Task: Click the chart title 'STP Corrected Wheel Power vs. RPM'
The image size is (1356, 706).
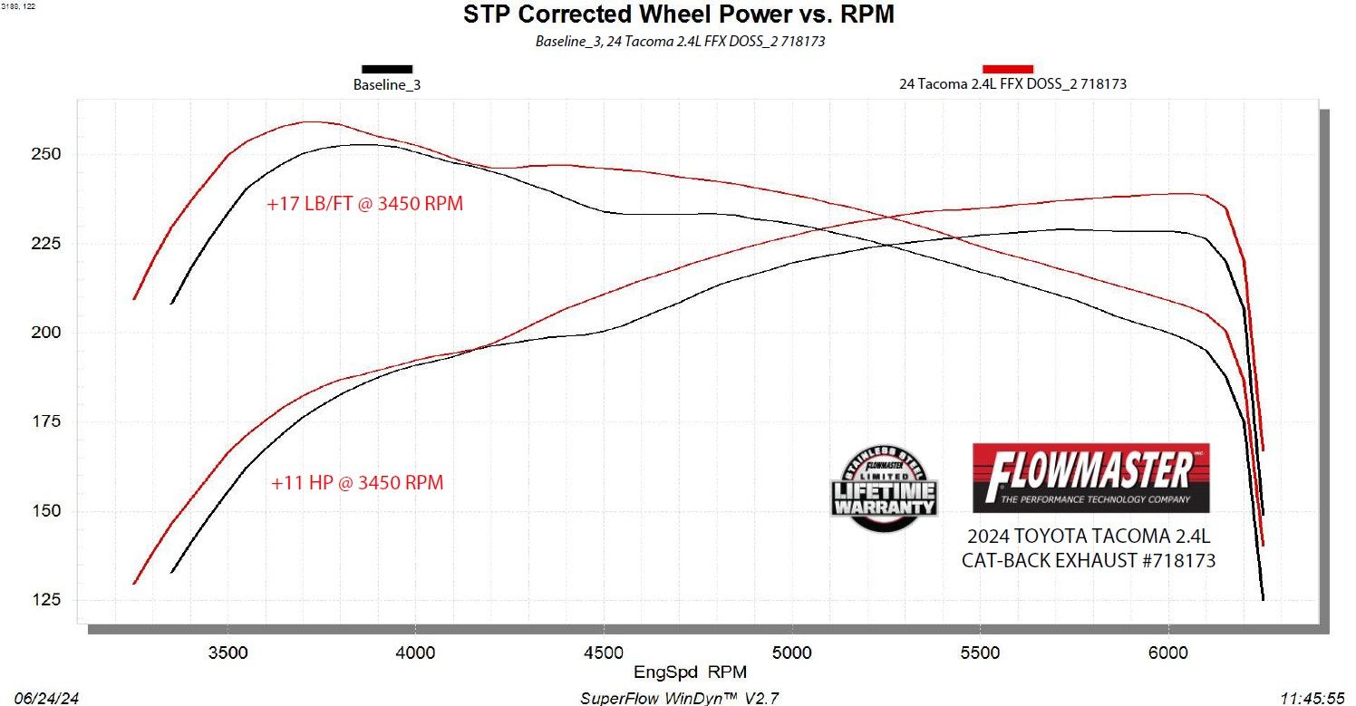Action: coord(678,15)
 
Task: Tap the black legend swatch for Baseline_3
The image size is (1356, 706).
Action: coord(387,69)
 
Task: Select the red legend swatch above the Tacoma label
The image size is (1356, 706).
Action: coord(1008,69)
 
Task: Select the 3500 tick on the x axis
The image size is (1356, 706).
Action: coord(227,653)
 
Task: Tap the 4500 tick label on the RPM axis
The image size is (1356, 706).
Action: coord(603,653)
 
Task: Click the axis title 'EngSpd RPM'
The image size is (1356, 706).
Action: coord(678,671)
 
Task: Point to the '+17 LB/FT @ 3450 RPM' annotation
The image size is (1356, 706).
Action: coord(364,204)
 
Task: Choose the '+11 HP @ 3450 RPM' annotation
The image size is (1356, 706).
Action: coord(357,483)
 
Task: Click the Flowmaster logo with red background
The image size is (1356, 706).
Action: coord(1090,478)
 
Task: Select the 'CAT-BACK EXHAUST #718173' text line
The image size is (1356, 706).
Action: coord(1089,561)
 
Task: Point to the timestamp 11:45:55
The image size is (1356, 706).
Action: coord(1312,698)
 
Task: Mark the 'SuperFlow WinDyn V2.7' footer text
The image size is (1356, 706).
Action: coord(679,698)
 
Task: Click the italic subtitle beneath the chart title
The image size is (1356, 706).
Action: coord(680,42)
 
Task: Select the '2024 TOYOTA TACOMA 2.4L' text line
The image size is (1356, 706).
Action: coord(1089,537)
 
